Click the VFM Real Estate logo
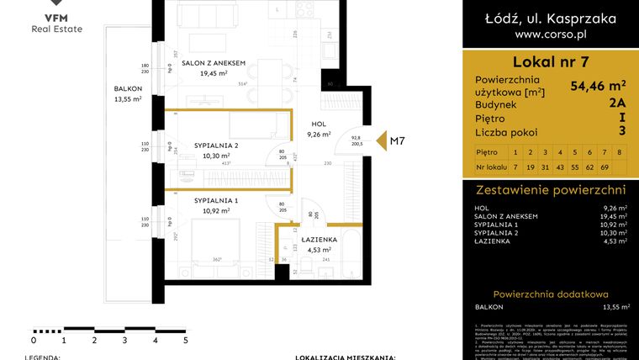click(56, 20)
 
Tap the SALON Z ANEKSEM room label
click(214, 63)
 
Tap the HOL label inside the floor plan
click(318, 124)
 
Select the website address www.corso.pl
click(550, 35)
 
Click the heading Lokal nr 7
click(550, 61)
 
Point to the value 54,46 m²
click(598, 85)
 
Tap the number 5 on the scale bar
click(185, 341)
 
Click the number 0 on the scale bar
click(33, 341)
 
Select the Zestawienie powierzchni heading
click(550, 190)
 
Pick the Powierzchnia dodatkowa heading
click(550, 294)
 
